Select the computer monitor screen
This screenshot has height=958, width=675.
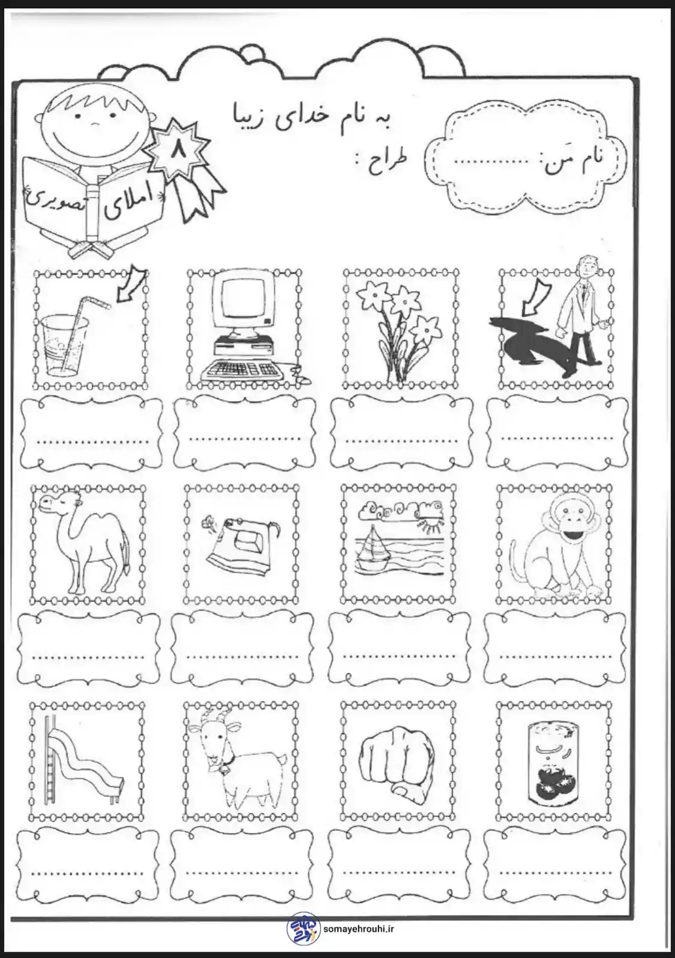[x=242, y=298]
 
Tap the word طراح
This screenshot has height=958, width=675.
[x=386, y=164]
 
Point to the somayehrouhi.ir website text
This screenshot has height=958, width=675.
[x=359, y=929]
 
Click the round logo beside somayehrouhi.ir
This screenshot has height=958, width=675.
[x=303, y=929]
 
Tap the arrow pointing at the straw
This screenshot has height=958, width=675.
[x=132, y=286]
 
